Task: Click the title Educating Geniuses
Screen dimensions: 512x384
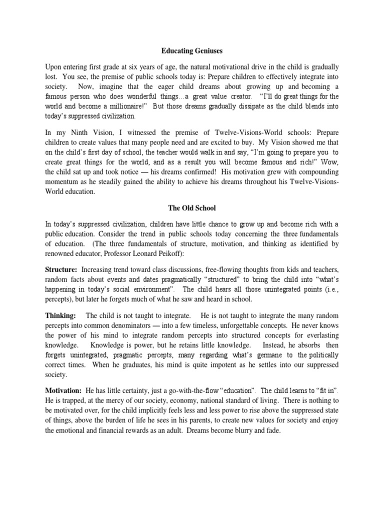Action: [192, 50]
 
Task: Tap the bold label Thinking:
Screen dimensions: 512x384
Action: [61, 316]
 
